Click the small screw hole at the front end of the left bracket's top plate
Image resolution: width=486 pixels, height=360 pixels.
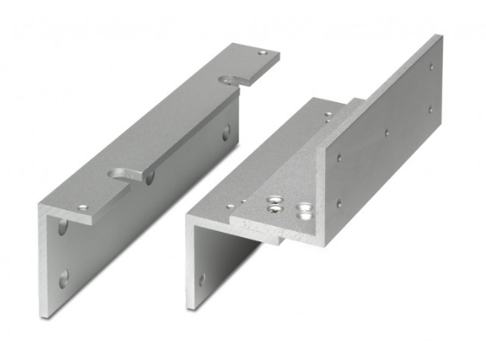coord(83,208)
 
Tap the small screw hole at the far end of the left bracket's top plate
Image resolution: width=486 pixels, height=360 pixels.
coord(262,54)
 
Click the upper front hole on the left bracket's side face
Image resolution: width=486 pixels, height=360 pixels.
coord(63,228)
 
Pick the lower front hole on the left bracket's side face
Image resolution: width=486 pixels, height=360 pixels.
coord(64,278)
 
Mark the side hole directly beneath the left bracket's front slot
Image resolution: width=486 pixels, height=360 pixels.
coord(150,177)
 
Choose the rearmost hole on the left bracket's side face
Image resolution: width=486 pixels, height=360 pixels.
coord(227,132)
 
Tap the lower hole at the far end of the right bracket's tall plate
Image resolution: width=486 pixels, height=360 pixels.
coord(430,110)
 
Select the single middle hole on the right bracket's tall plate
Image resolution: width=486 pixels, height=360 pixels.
coord(386,133)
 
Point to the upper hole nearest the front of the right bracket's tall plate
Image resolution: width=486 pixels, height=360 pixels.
coord(338,158)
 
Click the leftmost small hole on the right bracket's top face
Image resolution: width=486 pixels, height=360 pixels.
coord(230,206)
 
